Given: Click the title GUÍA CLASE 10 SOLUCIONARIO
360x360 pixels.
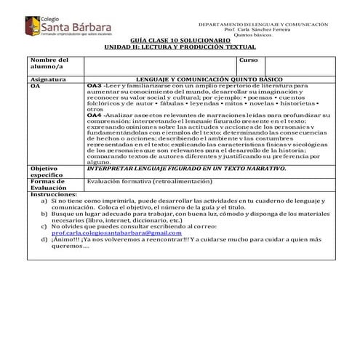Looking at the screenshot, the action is [179, 42].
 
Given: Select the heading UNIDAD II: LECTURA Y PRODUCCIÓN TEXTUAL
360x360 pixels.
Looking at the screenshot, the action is [180, 49].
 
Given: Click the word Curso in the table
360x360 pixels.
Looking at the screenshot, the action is [249, 60].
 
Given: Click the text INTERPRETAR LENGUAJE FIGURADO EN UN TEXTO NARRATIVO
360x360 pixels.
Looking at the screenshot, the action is [186, 168].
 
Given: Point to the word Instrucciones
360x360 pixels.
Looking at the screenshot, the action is [52, 195].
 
